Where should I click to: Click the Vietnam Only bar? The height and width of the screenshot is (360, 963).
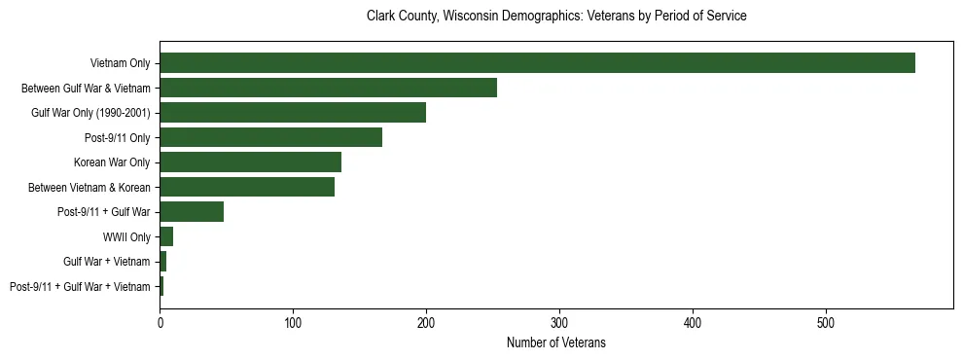[537, 62]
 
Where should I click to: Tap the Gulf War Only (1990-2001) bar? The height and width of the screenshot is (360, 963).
[293, 112]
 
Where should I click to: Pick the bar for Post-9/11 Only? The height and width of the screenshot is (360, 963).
[270, 137]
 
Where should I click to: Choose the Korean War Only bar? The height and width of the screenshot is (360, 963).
[250, 162]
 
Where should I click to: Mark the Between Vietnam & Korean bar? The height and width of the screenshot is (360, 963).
[247, 187]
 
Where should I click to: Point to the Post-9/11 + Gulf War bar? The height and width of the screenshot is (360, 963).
[192, 212]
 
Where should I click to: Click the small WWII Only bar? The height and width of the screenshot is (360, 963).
[166, 236]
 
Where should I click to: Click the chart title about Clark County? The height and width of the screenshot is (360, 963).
[556, 17]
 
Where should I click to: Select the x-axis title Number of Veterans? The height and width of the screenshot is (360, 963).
[556, 342]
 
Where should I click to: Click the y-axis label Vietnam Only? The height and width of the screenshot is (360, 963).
[120, 63]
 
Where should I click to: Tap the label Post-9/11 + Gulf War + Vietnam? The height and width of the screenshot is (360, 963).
[80, 287]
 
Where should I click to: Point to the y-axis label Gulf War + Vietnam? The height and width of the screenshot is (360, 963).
[107, 262]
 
